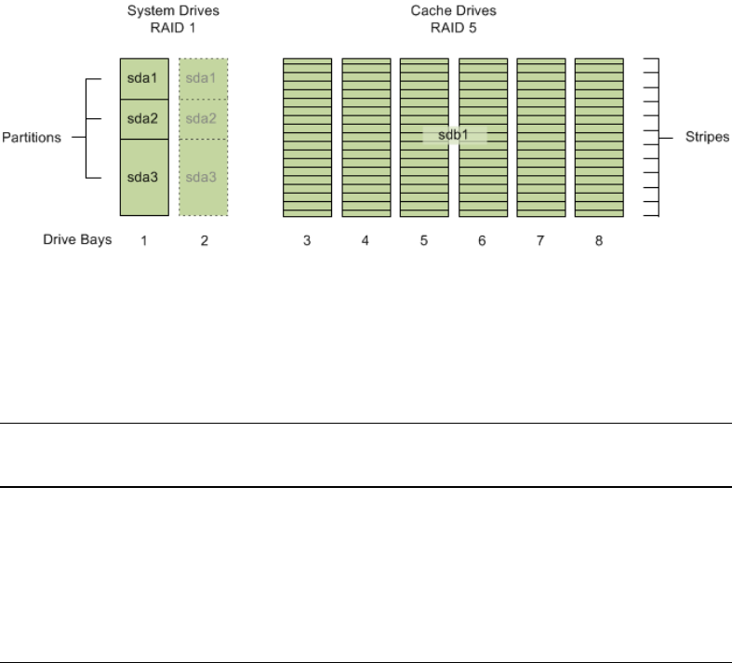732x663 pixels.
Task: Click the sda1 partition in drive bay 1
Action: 144,78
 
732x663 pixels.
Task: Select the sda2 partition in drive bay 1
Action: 144,118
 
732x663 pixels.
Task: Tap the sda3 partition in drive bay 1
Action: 144,176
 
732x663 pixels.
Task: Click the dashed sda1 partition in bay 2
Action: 203,78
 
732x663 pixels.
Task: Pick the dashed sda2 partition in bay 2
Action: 203,118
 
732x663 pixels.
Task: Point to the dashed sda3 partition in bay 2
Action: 203,176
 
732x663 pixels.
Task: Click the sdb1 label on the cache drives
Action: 455,135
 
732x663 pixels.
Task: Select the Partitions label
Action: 32,137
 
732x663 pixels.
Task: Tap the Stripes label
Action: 709,137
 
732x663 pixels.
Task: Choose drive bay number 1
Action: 144,241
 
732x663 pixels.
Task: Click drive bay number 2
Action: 204,241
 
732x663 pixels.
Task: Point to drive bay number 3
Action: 307,241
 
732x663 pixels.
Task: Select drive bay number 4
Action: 366,241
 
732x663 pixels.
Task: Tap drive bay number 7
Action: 540,241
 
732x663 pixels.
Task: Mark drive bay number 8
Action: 599,241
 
